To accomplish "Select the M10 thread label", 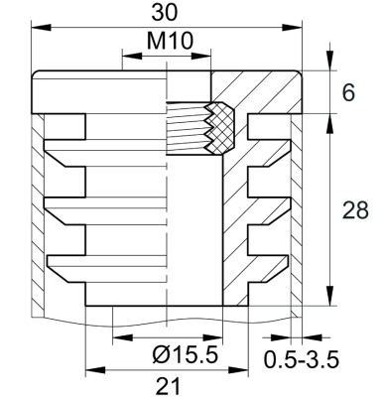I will [x=168, y=43].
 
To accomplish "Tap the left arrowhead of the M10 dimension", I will [x=126, y=56].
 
